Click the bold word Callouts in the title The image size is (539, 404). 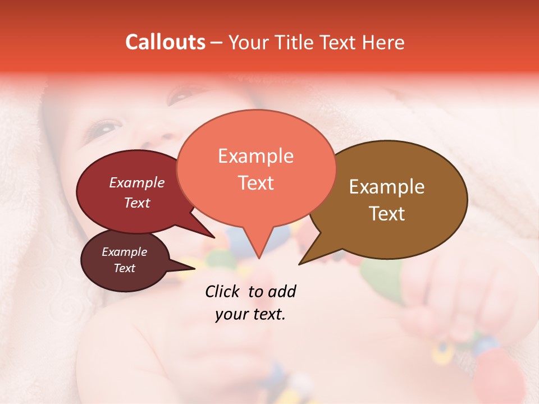coord(165,42)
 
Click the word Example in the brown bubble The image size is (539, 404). coord(387,187)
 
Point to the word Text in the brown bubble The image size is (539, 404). coord(387,213)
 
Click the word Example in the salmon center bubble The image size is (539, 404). coord(255,156)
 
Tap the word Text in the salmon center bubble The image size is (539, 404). coord(255,182)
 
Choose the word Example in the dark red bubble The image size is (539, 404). coord(137,182)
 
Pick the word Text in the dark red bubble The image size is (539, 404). coord(137,203)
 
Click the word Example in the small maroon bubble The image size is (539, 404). coord(124,252)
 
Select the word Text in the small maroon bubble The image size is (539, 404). coord(124,268)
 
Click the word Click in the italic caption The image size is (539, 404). coord(223,291)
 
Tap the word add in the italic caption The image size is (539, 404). coord(282,291)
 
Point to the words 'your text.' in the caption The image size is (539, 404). coord(250,314)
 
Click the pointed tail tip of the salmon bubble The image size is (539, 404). coord(259,258)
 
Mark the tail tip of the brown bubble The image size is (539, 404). coord(299,264)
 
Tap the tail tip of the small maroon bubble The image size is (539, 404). coord(195,268)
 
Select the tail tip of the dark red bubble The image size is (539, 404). coord(214,238)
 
